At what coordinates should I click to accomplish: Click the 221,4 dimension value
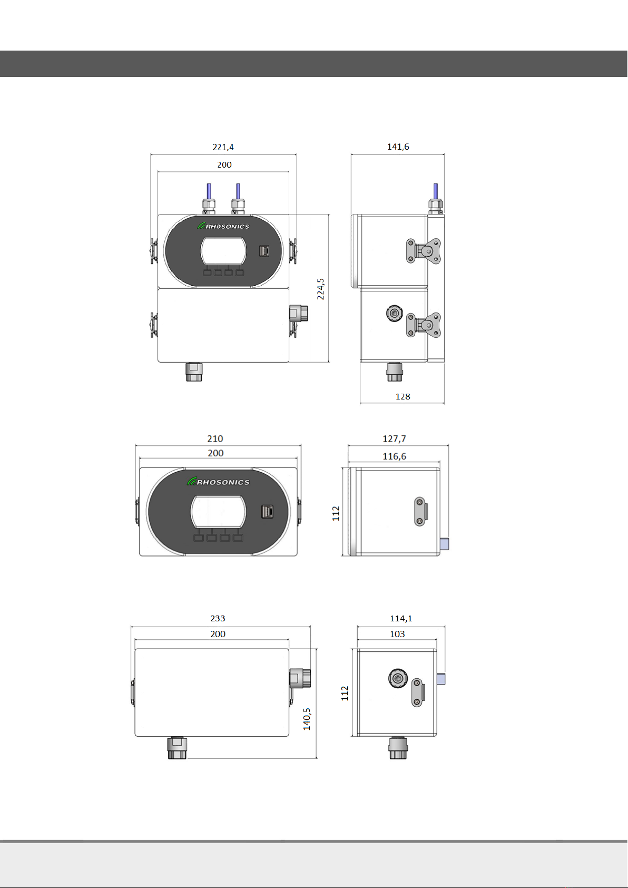pyautogui.click(x=223, y=147)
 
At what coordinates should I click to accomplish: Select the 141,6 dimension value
pyautogui.click(x=398, y=147)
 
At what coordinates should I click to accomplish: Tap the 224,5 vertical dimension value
pyautogui.click(x=320, y=289)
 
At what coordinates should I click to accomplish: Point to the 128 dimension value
pyautogui.click(x=403, y=396)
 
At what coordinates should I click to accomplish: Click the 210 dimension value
pyautogui.click(x=215, y=438)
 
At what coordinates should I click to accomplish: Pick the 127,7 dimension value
pyautogui.click(x=394, y=438)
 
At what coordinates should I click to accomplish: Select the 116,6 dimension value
pyautogui.click(x=394, y=456)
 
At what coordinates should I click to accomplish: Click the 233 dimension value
pyautogui.click(x=218, y=618)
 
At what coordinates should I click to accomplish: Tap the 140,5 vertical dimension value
pyautogui.click(x=307, y=719)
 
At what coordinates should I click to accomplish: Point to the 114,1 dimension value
pyautogui.click(x=401, y=618)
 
